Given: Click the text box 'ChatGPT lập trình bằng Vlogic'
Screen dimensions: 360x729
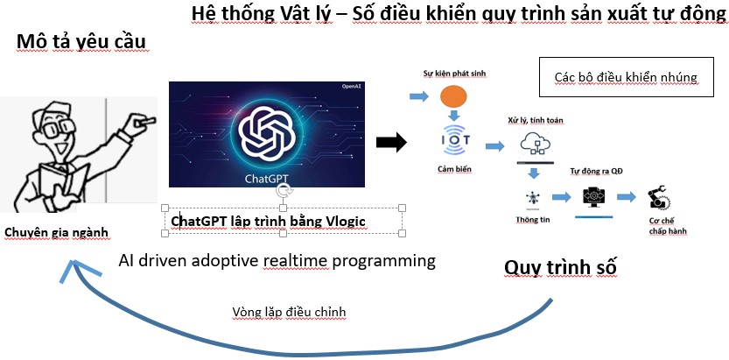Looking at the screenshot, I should [x=268, y=222].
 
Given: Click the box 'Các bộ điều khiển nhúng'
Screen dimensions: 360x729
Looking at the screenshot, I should [x=626, y=77].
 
